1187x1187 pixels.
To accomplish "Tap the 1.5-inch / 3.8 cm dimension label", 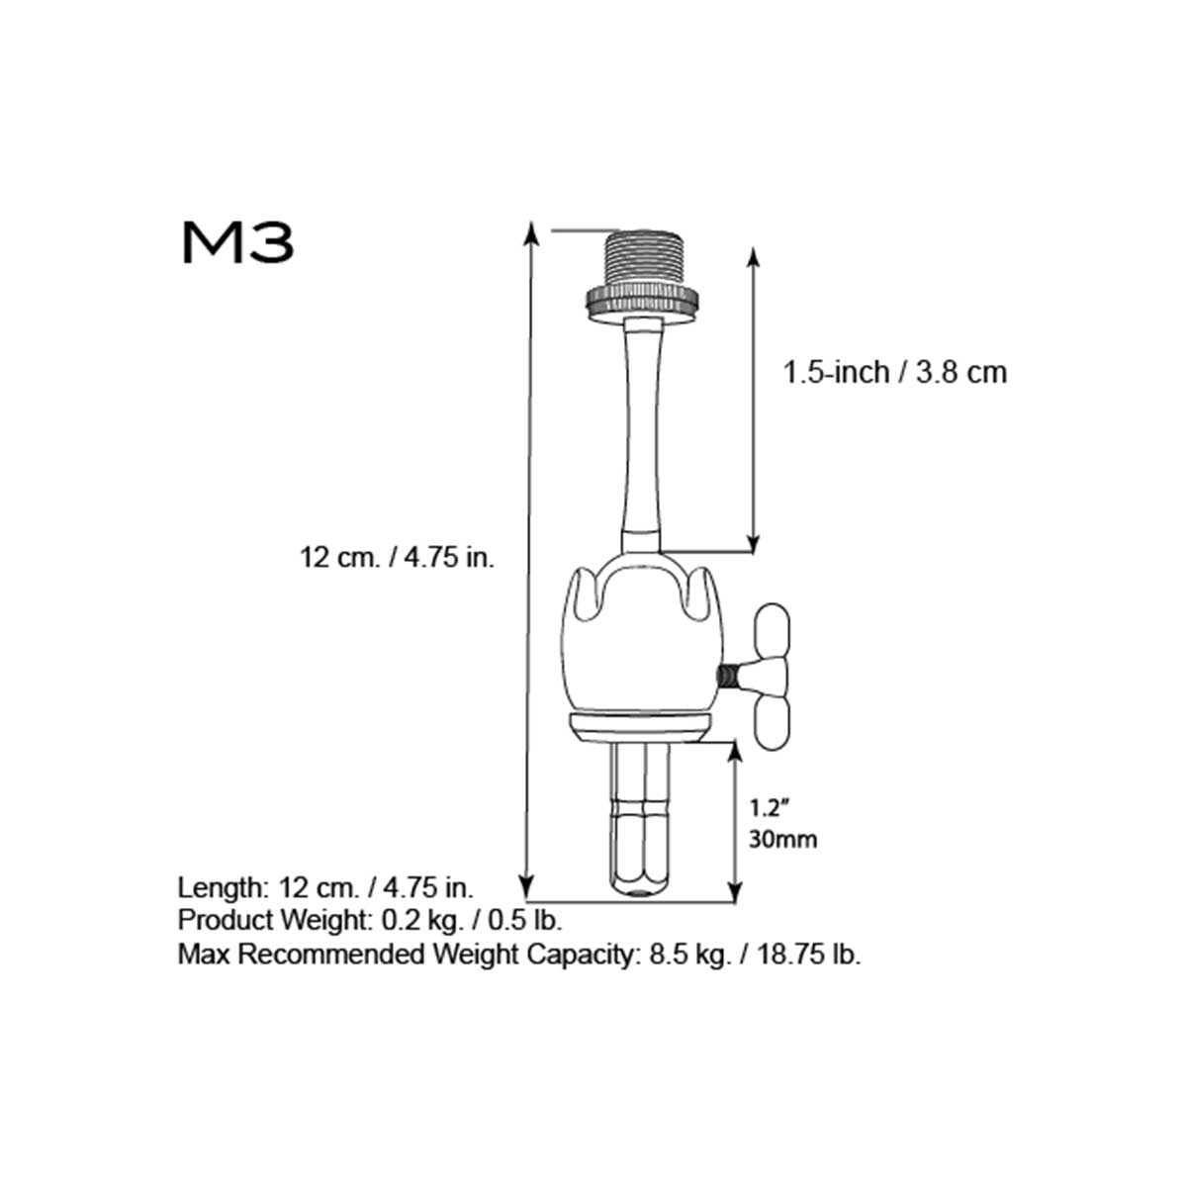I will (894, 373).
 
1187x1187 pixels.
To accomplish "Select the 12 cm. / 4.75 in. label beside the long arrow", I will (397, 558).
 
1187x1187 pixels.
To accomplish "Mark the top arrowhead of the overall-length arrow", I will (531, 231).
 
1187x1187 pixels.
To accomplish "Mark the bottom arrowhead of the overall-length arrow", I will (531, 882).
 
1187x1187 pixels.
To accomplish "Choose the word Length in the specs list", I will (218, 885).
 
